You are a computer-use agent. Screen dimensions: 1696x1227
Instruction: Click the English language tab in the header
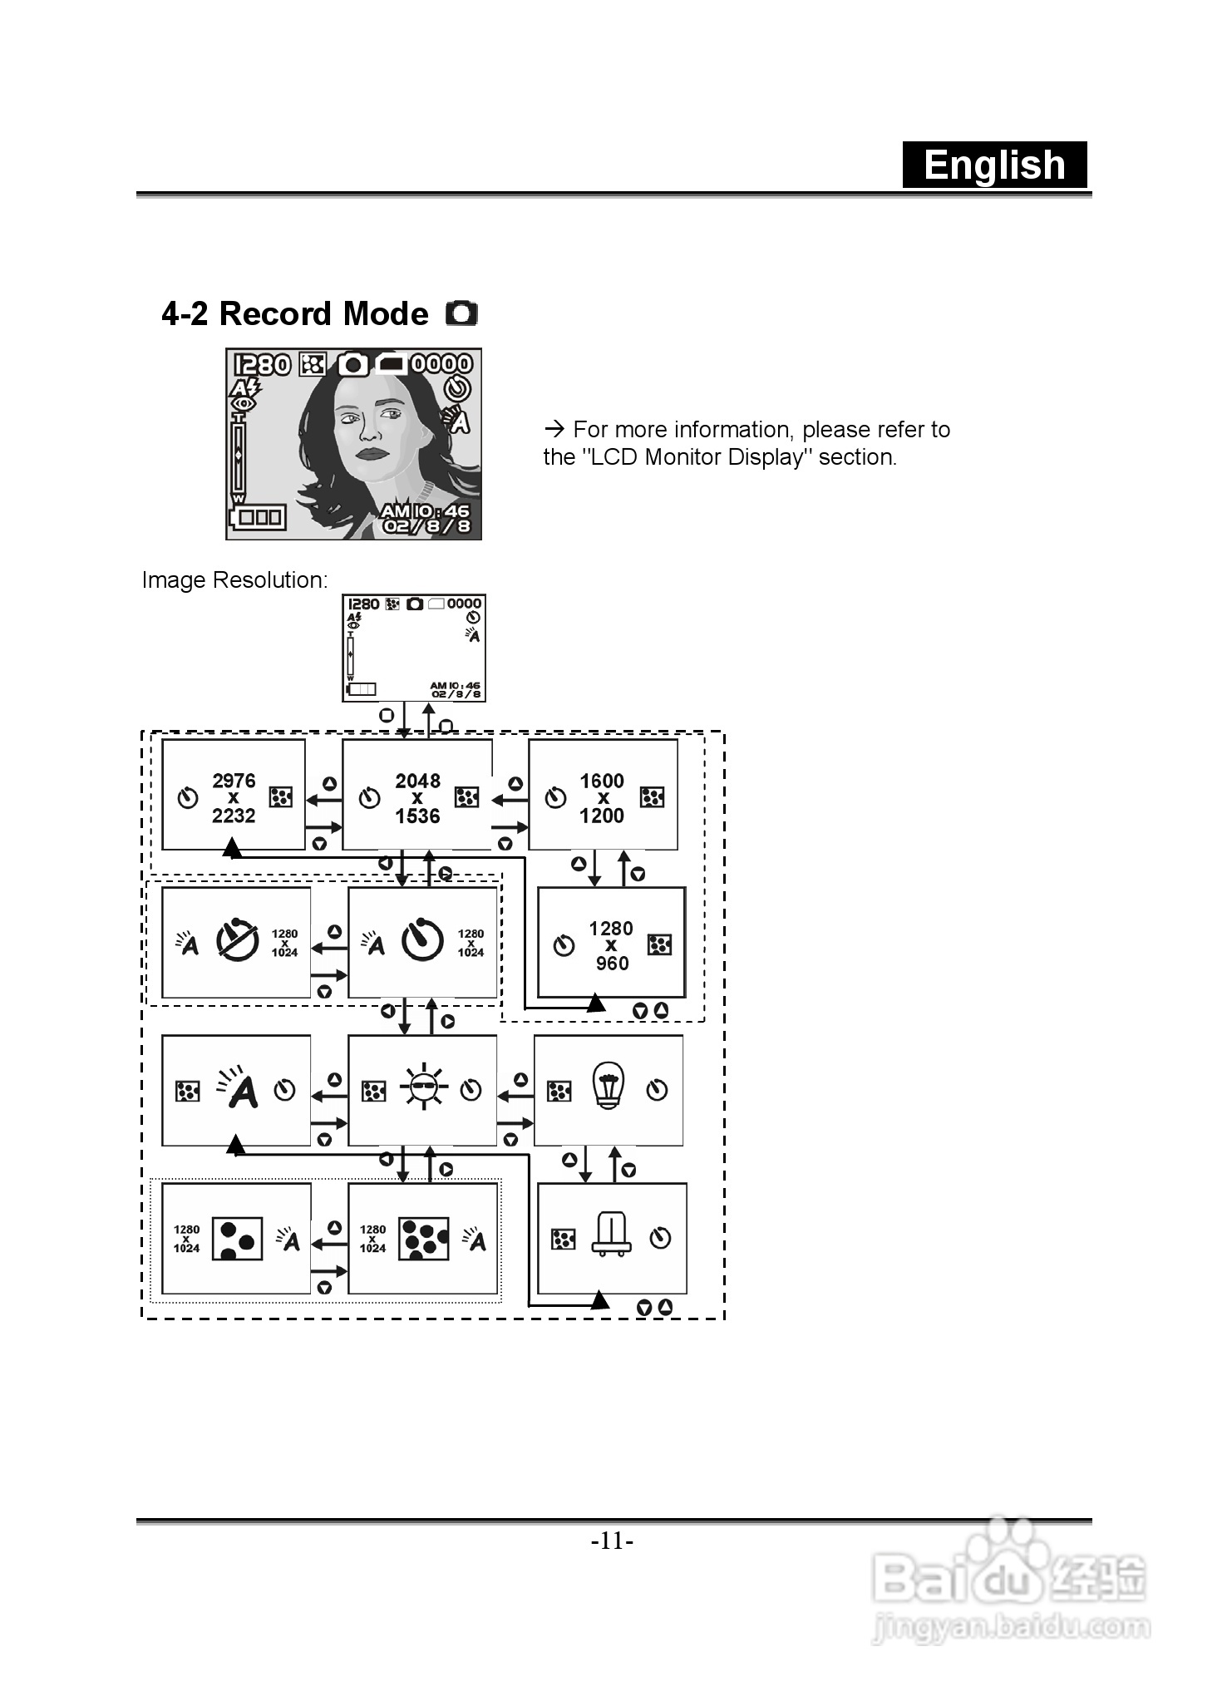point(994,165)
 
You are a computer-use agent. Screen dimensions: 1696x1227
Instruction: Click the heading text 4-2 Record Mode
point(294,314)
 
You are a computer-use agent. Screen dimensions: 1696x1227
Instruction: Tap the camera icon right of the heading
point(462,313)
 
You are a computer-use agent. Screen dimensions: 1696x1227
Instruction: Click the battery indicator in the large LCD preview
point(259,517)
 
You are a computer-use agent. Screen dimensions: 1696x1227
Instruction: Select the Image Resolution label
point(234,579)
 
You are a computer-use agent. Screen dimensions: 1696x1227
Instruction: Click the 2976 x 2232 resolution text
point(234,798)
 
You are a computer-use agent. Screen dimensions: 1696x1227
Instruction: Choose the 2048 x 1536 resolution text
point(417,798)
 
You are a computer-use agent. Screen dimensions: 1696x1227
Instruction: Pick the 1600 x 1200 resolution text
point(602,798)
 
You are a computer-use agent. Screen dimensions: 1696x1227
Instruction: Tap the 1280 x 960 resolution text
point(611,946)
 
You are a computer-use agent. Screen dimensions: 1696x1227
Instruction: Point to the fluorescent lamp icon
point(611,1235)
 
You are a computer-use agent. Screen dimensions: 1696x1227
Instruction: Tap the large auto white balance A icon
point(240,1088)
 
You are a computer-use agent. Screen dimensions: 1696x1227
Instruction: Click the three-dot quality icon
point(238,1239)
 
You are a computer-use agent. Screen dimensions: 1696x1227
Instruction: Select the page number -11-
point(613,1541)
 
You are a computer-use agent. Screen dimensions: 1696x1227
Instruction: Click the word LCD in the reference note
point(613,457)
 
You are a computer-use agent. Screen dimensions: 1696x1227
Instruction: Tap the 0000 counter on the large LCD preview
point(441,364)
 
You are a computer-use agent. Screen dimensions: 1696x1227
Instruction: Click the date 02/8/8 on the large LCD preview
point(426,525)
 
